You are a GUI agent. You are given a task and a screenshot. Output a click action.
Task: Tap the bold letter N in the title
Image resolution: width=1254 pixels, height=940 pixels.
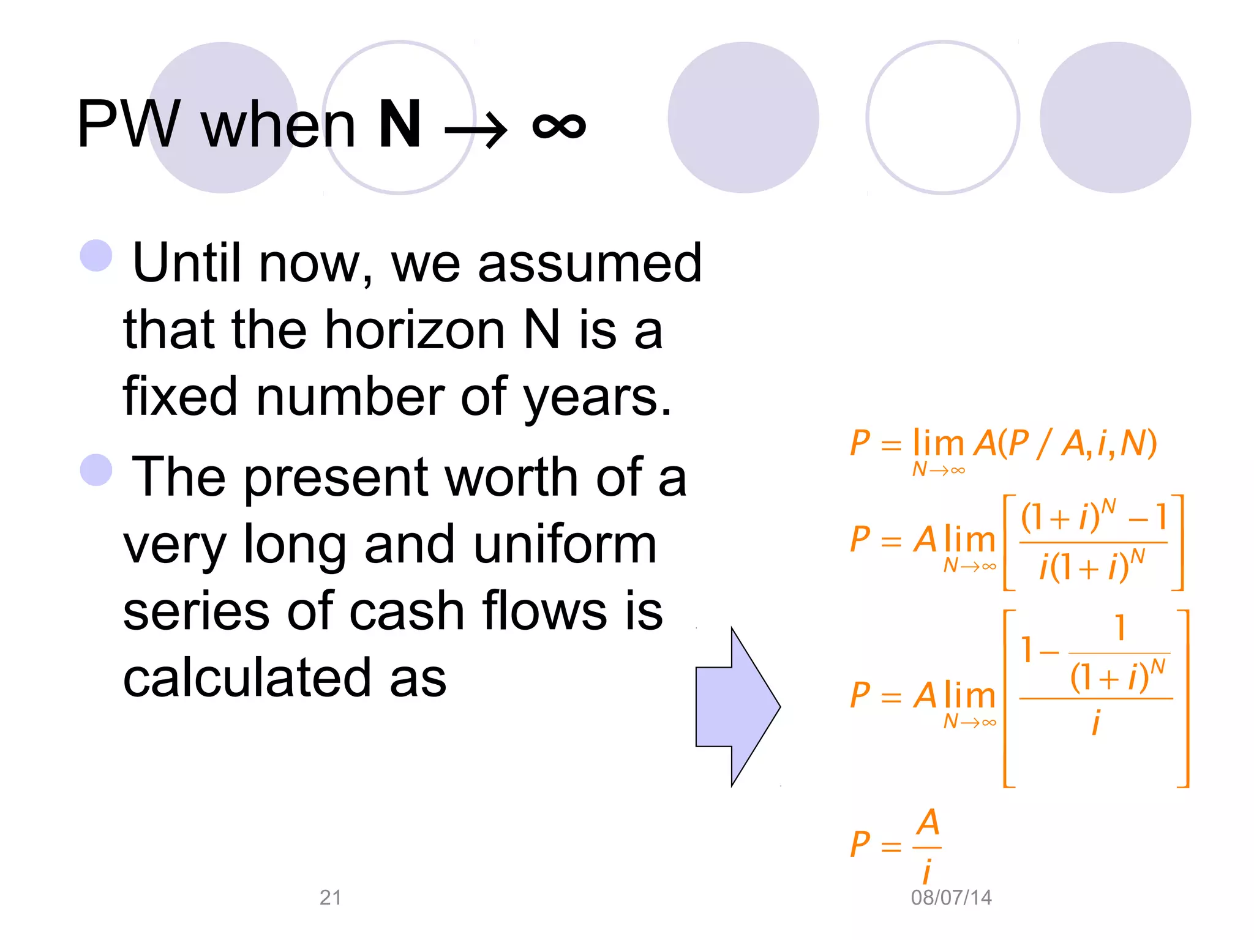pyautogui.click(x=400, y=125)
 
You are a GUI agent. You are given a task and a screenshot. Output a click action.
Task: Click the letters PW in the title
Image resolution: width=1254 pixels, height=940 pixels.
pyautogui.click(x=129, y=125)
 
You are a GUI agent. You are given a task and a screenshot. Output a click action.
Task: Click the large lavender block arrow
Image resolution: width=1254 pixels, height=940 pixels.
pyautogui.click(x=738, y=706)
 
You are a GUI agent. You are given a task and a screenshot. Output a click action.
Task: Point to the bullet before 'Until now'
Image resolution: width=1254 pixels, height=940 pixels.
pyautogui.click(x=96, y=255)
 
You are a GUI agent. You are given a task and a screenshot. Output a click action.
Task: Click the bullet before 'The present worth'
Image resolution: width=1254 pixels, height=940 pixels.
pyautogui.click(x=96, y=470)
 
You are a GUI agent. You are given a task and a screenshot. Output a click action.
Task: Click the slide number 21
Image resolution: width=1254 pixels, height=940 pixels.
pyautogui.click(x=331, y=897)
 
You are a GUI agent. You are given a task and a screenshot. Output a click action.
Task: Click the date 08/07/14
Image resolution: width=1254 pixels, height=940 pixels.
pyautogui.click(x=951, y=897)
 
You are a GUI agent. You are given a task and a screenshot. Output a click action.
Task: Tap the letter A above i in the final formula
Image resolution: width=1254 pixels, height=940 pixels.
pyautogui.click(x=928, y=823)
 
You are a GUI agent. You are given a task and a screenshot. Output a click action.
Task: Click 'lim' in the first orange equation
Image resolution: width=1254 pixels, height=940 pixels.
pyautogui.click(x=938, y=443)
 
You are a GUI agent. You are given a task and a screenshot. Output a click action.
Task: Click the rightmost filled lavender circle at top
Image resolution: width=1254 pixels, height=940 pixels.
pyautogui.click(x=1115, y=117)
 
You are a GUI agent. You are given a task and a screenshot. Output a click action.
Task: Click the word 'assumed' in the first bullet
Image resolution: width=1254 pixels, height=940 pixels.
pyautogui.click(x=589, y=263)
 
